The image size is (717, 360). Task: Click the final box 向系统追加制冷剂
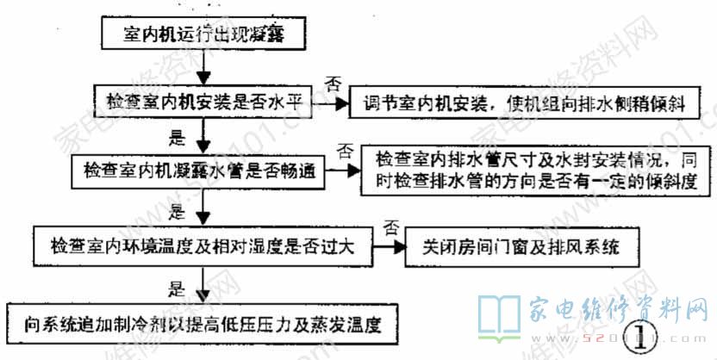pos(202,326)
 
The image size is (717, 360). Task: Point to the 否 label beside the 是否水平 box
pos(332,84)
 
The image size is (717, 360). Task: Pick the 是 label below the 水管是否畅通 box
pos(179,211)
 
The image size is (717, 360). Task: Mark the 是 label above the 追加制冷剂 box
pos(179,288)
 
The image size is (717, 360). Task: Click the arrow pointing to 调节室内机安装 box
pos(331,102)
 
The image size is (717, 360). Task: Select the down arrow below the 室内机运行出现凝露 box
pos(201,65)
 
